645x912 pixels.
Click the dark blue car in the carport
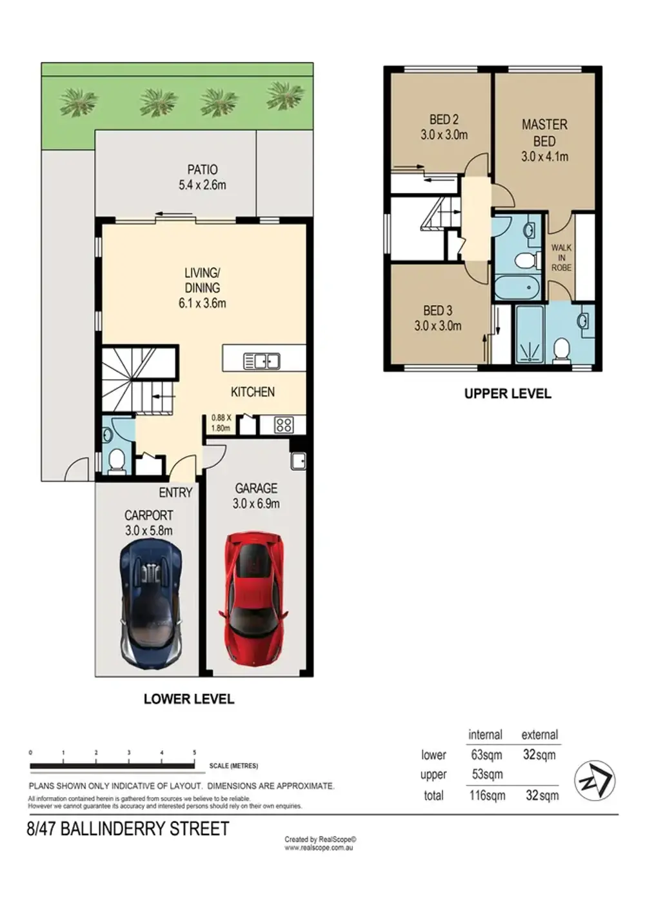151,604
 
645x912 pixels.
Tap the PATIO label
203,170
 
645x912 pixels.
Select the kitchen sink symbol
262,361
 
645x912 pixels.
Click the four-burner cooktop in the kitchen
284,425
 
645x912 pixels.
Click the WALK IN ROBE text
561,257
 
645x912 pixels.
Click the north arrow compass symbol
594,781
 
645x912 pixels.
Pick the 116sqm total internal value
487,795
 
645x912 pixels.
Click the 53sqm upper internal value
487,775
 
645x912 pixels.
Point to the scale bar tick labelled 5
194,753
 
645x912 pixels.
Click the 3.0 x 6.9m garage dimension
256,504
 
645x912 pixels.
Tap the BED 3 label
438,310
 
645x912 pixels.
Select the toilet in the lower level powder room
116,461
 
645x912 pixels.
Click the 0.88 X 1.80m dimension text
221,422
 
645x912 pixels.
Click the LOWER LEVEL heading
188,699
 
